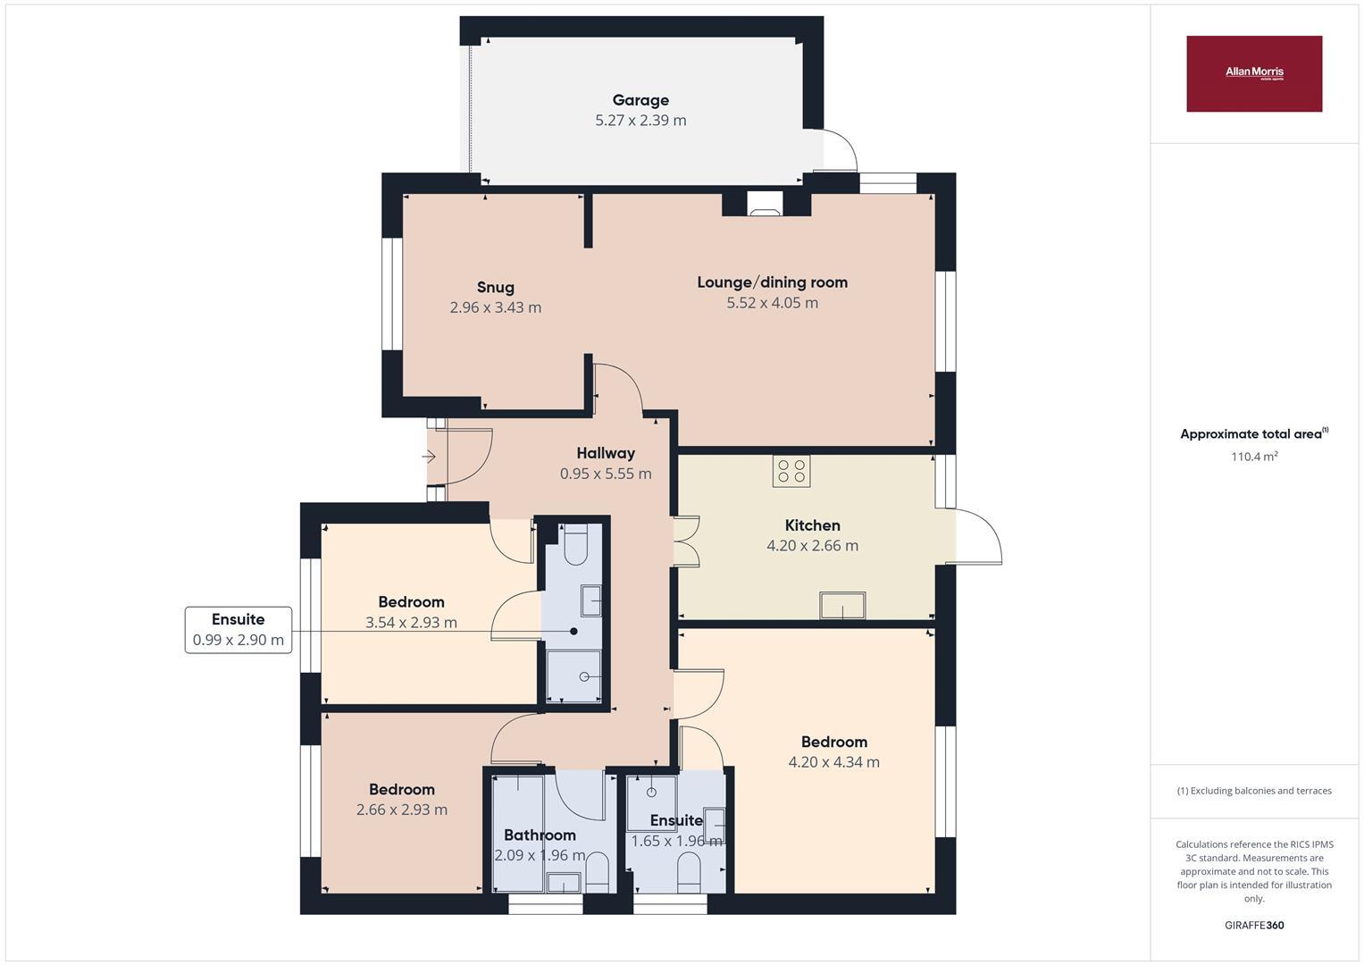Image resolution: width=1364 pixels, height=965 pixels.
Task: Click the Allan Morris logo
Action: click(1253, 73)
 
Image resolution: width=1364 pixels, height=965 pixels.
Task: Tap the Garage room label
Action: click(640, 100)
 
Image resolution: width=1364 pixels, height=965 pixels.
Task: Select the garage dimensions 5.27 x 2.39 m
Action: click(640, 121)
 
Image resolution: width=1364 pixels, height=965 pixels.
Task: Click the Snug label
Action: click(495, 287)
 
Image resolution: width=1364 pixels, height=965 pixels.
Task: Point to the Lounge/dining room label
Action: click(772, 282)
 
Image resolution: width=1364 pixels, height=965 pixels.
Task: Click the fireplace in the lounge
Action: click(765, 206)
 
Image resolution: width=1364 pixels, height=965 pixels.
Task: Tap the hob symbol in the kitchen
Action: click(791, 471)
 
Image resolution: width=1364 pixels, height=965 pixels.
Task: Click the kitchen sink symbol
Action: click(842, 606)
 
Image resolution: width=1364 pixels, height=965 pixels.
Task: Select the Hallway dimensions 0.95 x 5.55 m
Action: click(606, 474)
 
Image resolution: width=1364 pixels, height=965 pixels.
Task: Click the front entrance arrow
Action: click(429, 457)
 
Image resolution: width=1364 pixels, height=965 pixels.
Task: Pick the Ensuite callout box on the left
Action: click(238, 629)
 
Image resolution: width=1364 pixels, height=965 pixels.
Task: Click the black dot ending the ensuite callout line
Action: click(573, 631)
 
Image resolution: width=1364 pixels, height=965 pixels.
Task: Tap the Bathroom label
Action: click(540, 835)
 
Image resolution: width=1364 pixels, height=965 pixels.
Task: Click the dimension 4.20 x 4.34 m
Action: click(833, 762)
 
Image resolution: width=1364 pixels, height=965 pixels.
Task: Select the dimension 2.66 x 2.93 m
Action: click(402, 810)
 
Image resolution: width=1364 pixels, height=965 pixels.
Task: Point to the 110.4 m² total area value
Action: click(1254, 457)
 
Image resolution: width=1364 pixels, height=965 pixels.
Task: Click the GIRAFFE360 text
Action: click(1254, 925)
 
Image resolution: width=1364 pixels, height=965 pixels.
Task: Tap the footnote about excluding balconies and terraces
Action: click(1254, 791)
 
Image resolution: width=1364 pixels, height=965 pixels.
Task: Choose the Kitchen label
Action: click(812, 525)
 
